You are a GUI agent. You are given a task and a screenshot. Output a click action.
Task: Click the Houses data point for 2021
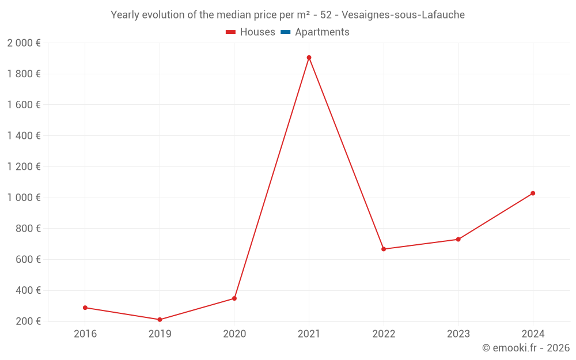pos(309,58)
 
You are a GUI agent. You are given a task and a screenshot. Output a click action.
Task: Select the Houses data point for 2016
pos(85,308)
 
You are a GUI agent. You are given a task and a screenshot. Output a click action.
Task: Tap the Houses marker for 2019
pos(160,320)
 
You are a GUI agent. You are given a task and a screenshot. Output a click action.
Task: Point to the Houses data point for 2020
pos(234,298)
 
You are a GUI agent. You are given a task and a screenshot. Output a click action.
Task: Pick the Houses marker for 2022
pos(384,249)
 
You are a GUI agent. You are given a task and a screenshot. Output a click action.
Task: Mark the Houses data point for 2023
pos(458,239)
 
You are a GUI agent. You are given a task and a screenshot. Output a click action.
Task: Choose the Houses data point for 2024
pos(533,194)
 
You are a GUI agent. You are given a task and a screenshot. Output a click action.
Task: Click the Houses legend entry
pos(257,32)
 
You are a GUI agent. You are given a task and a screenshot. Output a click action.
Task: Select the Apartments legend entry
pos(322,32)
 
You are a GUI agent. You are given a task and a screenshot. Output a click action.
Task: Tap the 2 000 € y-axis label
pos(24,43)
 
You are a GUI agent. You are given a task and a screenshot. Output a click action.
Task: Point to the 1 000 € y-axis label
pos(24,198)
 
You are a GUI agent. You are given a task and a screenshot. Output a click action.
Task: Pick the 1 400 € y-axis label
pos(24,136)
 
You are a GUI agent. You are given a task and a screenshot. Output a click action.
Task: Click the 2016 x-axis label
pos(85,334)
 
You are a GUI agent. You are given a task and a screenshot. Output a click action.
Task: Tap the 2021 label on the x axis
pos(309,334)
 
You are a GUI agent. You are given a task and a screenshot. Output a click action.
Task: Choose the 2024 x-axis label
pos(533,334)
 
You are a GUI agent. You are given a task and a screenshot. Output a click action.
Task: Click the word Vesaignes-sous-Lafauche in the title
pos(403,15)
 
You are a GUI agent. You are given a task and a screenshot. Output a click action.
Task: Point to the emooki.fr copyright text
pos(525,348)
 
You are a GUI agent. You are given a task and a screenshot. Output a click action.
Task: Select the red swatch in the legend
pos(231,32)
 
